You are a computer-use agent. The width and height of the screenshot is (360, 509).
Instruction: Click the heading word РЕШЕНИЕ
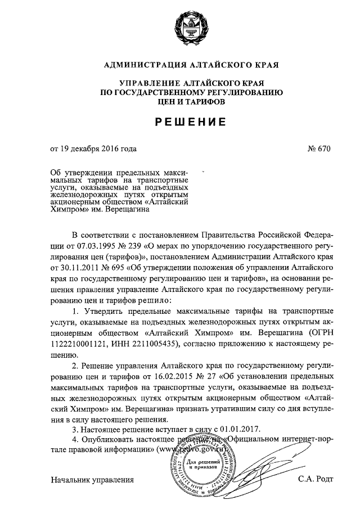click(x=180, y=121)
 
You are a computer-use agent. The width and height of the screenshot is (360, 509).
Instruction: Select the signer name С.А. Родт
click(x=317, y=480)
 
